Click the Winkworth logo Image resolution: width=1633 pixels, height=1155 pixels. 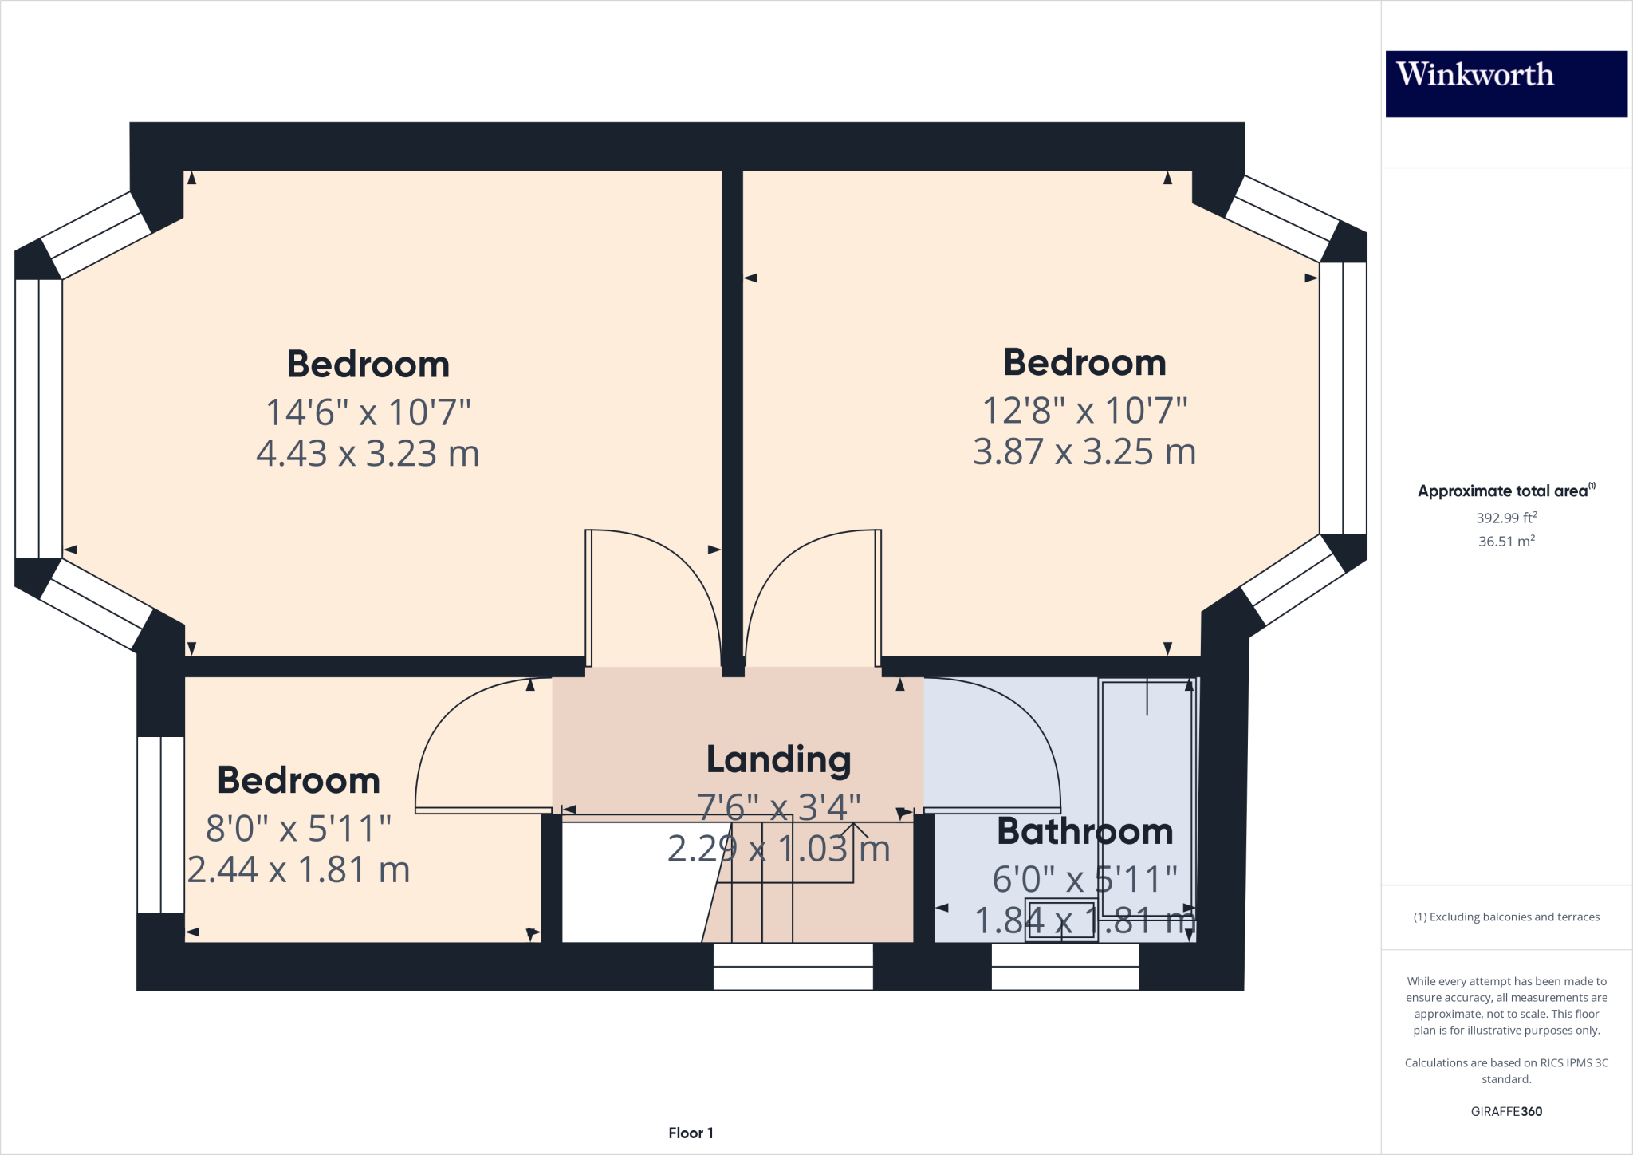coord(1505,84)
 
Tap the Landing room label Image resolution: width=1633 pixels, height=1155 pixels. coord(778,759)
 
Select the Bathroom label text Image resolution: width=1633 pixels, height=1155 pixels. coord(1084,832)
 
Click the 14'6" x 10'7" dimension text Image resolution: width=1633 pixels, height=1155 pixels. coord(368,412)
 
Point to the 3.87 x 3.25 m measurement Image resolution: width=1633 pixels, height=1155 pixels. coord(1084,452)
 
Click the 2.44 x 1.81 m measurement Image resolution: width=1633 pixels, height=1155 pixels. coord(298,870)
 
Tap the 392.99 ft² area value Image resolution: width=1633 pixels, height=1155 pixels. coord(1505,518)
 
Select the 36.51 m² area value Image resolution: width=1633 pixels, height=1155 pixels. coord(1505,541)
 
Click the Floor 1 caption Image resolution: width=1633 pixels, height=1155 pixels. coord(691,1133)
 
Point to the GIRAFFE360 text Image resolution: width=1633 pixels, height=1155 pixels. coord(1505,1111)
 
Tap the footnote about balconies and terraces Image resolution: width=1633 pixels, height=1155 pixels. coord(1505,917)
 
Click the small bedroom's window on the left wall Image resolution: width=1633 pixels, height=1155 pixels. coord(161,824)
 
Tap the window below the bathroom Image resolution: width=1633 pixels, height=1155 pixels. coord(1064,967)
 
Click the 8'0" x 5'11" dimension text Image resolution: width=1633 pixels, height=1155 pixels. coord(298,829)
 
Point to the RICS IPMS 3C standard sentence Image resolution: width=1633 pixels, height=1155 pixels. coord(1505,1070)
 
